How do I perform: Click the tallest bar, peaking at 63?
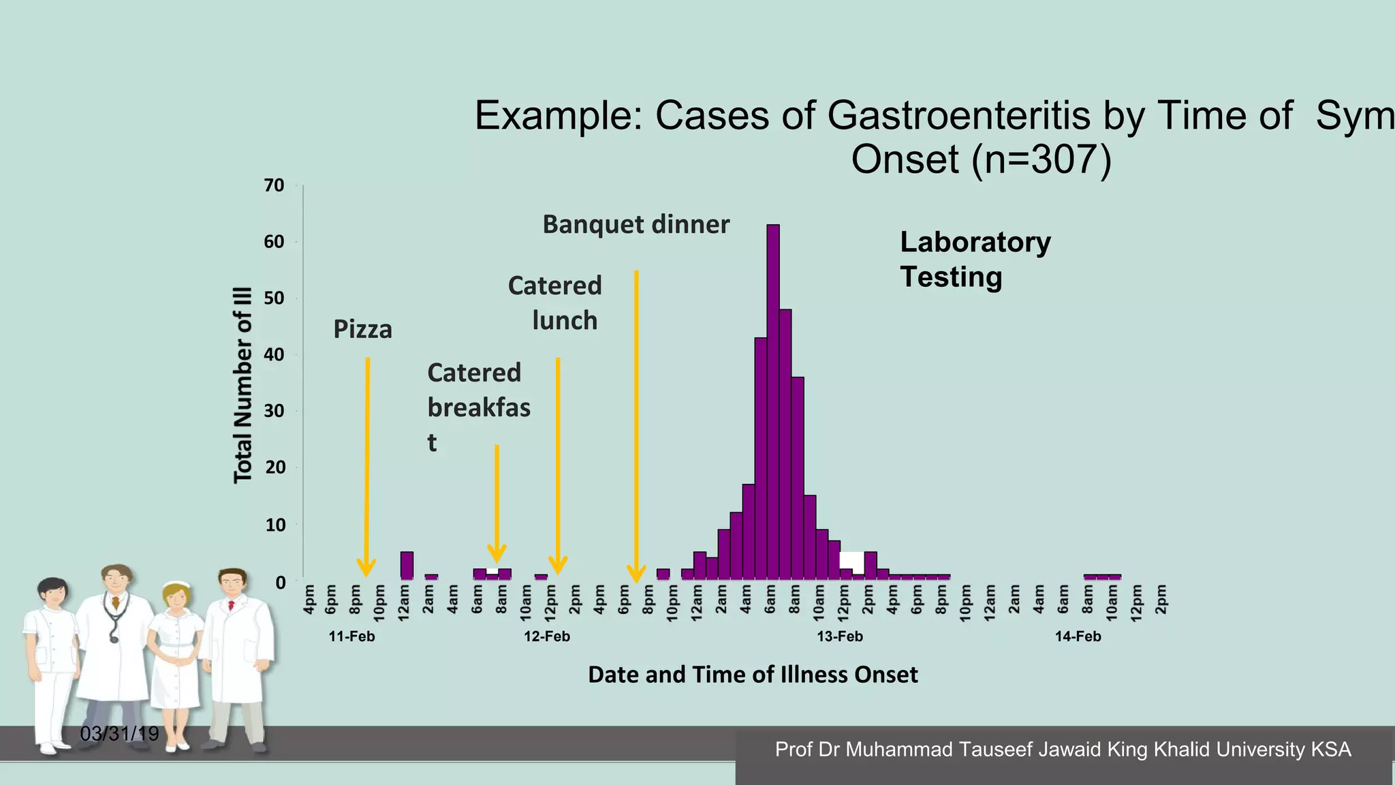click(773, 402)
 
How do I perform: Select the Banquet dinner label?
click(636, 224)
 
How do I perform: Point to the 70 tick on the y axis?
click(274, 185)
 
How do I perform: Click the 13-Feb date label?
click(840, 636)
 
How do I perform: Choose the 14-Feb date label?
click(1078, 636)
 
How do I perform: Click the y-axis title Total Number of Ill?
click(243, 385)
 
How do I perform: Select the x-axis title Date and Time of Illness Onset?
click(753, 675)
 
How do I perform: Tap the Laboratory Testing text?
click(975, 260)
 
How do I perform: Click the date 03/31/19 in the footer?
click(119, 734)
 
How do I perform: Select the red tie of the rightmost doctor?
click(232, 605)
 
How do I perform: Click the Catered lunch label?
click(556, 303)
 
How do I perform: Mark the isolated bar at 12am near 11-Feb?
click(407, 566)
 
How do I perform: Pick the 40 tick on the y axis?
click(274, 354)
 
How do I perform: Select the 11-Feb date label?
click(351, 636)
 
